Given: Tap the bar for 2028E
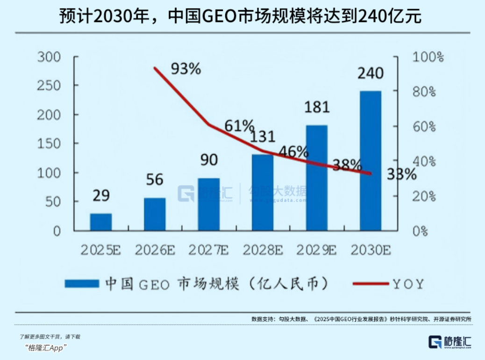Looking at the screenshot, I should point(262,192).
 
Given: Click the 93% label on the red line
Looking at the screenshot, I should point(185,69).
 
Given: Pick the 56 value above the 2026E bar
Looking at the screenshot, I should point(154,180).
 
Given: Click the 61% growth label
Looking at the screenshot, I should point(239,126).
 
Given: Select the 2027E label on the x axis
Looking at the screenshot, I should point(208,250).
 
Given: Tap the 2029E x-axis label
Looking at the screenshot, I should point(316,250).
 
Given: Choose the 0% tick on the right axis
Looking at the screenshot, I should point(421,230).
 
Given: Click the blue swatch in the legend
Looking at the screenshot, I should point(82,283).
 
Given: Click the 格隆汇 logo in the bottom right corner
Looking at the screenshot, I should point(450,342).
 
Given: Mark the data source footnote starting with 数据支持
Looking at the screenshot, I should point(361,319).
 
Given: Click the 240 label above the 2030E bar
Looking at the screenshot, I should point(371,73).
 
